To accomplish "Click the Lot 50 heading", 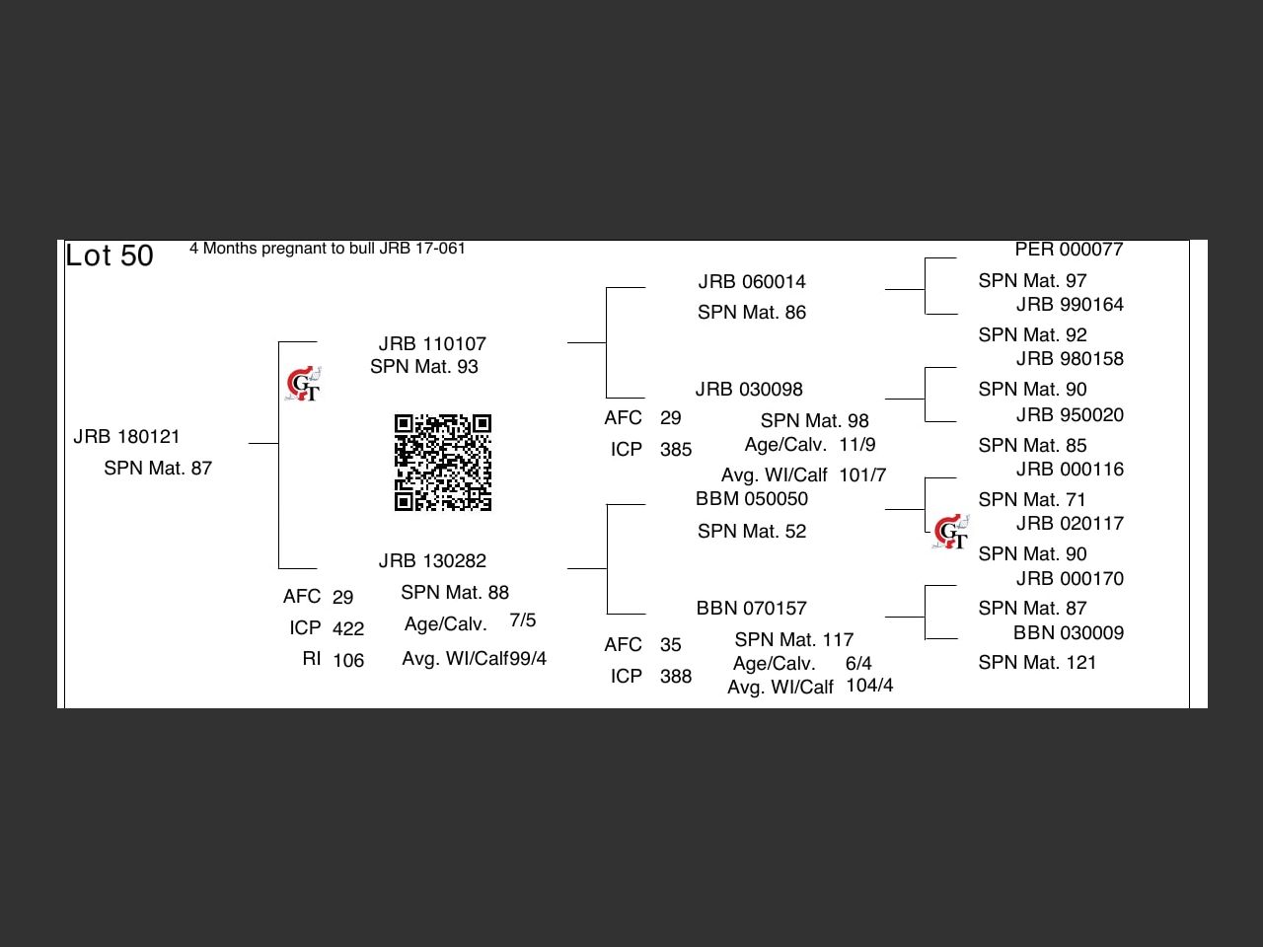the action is coord(110,255).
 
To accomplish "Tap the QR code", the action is coord(442,463).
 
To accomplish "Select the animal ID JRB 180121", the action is coord(126,437).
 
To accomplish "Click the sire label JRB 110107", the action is coord(432,344).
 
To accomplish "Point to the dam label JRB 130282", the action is coord(432,560).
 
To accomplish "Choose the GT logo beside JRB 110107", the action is coord(303,384).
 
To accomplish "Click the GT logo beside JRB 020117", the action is coord(950,532).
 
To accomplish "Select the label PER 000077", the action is coord(1069,250).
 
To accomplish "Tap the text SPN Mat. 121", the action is coord(1037,662).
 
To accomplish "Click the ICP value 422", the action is coord(348,628).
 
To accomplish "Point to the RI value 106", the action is coord(348,660).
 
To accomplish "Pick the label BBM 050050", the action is coord(752,498).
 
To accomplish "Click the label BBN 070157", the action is coord(752,608).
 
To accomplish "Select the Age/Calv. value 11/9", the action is coord(857,445).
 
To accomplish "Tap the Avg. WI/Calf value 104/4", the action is coord(869,685).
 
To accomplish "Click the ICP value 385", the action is coord(676,449).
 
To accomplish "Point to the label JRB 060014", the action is coord(752,282).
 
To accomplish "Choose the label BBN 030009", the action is coord(1069,632).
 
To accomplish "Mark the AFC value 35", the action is coord(670,644).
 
